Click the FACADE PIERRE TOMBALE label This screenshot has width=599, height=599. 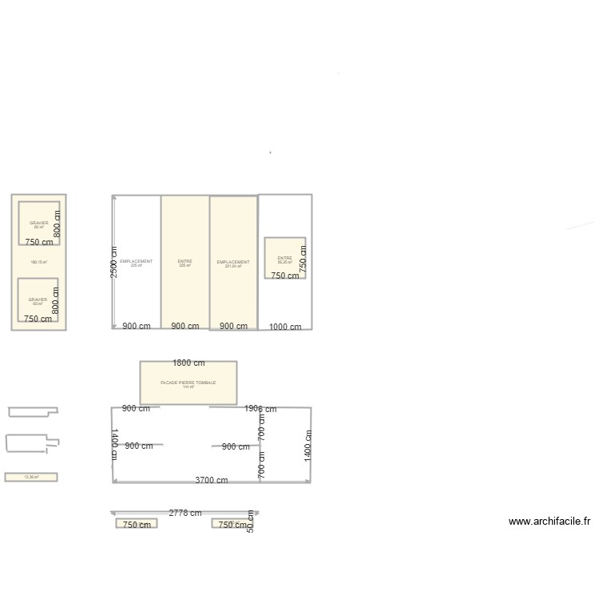click(188, 383)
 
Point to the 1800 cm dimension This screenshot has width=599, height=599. click(188, 363)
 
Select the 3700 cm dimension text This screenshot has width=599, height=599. click(212, 480)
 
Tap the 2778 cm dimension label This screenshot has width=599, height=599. click(184, 513)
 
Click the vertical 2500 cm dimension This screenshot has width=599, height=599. click(114, 262)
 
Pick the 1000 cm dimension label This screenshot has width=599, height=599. click(285, 327)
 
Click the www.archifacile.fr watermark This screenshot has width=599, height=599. click(549, 522)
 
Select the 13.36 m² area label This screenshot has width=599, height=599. click(31, 477)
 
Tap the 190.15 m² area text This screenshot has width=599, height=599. click(38, 262)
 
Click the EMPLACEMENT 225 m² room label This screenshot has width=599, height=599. click(136, 263)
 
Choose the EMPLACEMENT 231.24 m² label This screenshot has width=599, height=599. click(233, 263)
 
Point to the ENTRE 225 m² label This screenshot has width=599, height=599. click(184, 263)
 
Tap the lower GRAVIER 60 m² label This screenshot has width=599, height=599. click(38, 301)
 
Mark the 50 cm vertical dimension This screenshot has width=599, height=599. click(250, 522)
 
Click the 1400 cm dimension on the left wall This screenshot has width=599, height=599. click(114, 444)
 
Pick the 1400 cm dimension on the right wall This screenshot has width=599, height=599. click(307, 444)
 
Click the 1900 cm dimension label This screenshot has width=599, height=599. click(260, 409)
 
